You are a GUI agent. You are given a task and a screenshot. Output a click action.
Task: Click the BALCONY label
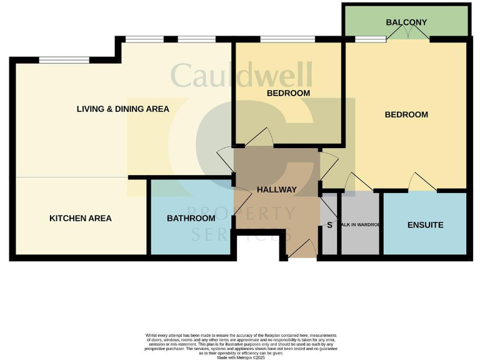(406, 22)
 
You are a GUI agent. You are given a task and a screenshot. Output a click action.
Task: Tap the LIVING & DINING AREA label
(122, 109)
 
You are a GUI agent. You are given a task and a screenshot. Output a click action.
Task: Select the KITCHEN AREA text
(81, 218)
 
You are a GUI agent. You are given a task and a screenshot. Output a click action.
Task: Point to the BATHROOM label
(191, 218)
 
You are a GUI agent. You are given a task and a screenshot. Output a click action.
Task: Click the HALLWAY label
(276, 189)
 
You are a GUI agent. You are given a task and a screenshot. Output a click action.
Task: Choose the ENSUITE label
(425, 224)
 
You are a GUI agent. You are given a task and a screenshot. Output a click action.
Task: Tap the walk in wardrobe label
(360, 224)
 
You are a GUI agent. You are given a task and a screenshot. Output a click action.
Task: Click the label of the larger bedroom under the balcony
(406, 114)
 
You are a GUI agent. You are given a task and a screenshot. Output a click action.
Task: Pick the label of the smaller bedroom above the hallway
(288, 93)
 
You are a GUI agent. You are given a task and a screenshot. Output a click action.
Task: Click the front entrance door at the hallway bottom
(301, 250)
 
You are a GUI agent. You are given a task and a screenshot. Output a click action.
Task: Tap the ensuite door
(422, 182)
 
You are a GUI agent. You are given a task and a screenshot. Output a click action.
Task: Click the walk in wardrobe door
(359, 182)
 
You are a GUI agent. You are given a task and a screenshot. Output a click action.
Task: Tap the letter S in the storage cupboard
(329, 224)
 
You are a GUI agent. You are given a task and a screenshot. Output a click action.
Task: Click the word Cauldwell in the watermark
(241, 76)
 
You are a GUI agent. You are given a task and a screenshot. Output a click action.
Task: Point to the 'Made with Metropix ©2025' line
(240, 357)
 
